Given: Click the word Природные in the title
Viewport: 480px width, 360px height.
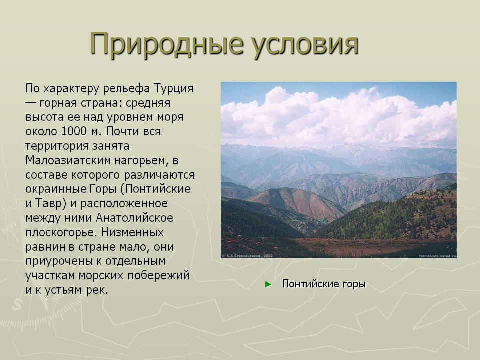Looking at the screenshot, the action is (x=166, y=44).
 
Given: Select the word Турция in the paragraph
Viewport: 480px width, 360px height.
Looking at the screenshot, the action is (x=173, y=89).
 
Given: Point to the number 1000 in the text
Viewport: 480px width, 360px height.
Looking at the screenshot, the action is (x=74, y=131).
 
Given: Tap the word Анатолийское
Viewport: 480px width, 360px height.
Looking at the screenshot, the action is (x=134, y=218).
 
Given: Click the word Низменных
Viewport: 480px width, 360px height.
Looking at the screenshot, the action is (x=132, y=232).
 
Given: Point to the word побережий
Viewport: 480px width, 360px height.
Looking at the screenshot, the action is (x=158, y=276).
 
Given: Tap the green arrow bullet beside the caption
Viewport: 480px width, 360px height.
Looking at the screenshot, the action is (x=268, y=284).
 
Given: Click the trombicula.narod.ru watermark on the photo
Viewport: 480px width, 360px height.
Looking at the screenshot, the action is (x=437, y=256).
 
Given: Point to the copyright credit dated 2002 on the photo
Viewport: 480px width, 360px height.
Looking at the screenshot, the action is (x=247, y=255).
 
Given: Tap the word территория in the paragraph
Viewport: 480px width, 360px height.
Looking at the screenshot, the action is (x=57, y=146).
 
